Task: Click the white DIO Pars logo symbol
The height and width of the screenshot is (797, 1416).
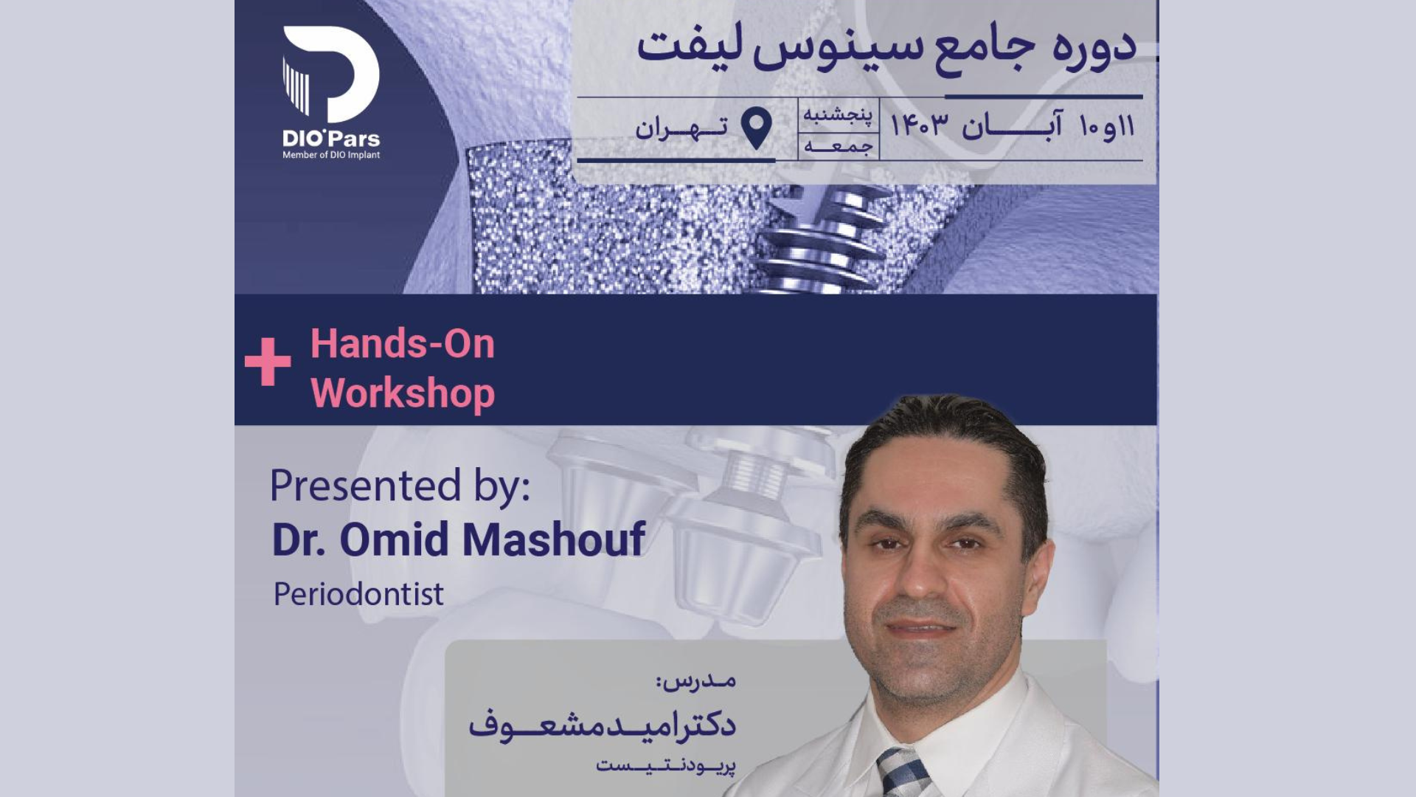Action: click(331, 74)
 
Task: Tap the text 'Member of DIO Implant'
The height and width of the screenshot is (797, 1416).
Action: click(331, 155)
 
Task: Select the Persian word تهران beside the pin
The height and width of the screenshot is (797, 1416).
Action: click(681, 128)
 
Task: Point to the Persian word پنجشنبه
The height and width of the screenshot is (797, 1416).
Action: click(838, 114)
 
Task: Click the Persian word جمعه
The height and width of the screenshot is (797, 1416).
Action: click(839, 146)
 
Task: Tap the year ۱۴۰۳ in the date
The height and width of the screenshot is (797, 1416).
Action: click(919, 125)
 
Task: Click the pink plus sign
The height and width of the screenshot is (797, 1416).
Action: click(268, 362)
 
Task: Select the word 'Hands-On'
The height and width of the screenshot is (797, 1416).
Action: click(403, 344)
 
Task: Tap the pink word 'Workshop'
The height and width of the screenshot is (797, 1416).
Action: click(403, 393)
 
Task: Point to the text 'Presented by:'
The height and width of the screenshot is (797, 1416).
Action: click(400, 486)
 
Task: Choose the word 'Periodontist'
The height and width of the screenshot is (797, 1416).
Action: click(358, 594)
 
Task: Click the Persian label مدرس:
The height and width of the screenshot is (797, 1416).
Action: click(696, 680)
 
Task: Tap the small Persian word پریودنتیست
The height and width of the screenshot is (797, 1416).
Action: click(665, 766)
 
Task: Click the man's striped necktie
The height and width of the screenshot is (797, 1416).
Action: click(904, 773)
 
